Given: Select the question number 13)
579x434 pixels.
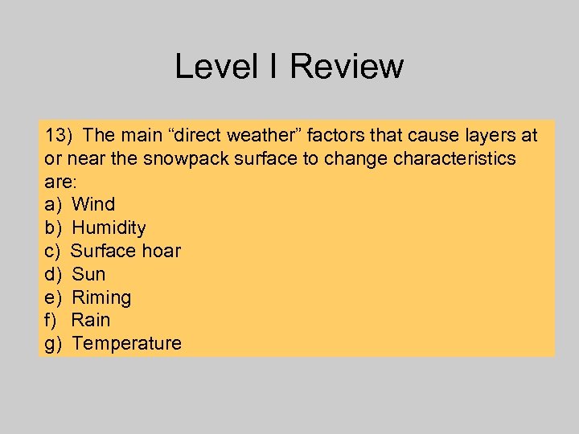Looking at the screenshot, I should (60, 134).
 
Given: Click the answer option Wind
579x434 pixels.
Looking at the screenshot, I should (93, 204).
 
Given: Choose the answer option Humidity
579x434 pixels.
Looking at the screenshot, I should (109, 227).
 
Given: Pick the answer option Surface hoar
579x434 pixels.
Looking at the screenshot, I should (125, 251).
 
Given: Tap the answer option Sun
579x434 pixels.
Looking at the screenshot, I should (88, 274).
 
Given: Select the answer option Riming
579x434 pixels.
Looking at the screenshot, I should (101, 297).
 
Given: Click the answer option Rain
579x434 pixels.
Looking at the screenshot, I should (91, 320).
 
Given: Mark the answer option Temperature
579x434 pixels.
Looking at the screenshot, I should (126, 343).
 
